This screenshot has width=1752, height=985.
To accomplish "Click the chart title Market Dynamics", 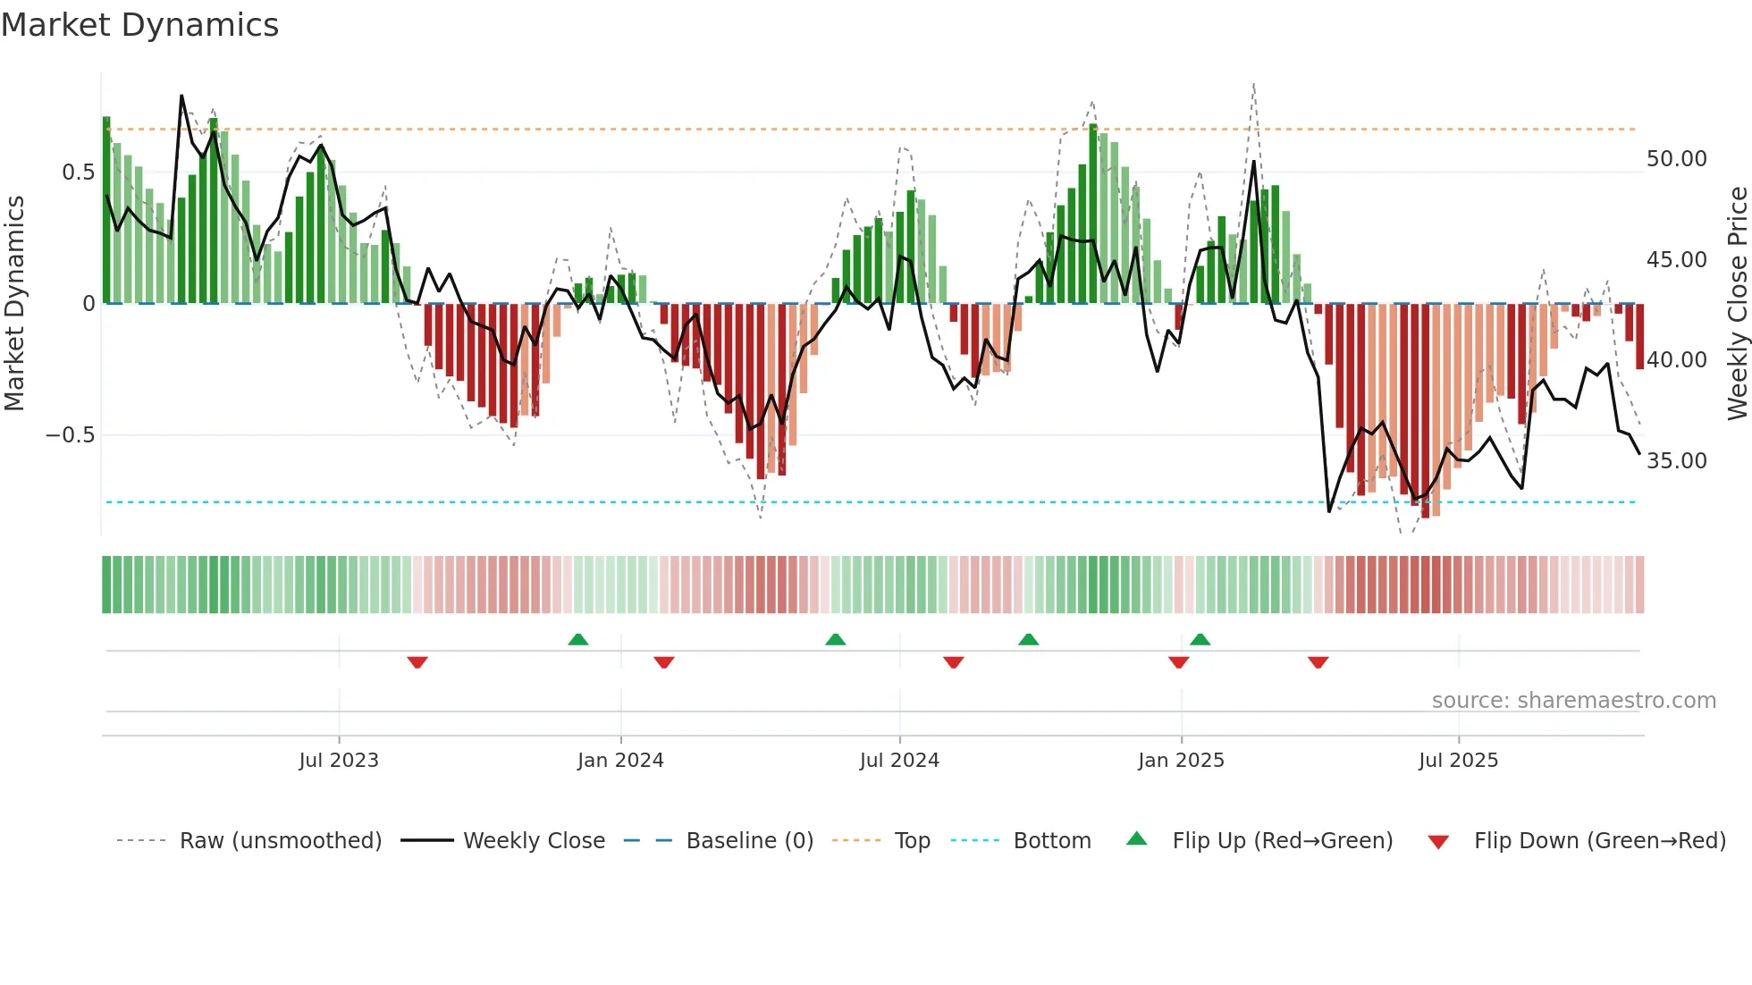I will coord(139,25).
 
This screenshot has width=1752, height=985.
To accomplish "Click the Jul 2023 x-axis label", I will coord(339,761).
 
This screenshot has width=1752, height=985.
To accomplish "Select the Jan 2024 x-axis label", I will coord(620,761).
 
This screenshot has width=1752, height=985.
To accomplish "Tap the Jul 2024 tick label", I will coord(899,761).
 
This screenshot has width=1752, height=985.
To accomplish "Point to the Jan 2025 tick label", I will coord(1181,761).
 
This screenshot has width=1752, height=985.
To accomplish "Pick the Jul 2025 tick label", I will coord(1458,761).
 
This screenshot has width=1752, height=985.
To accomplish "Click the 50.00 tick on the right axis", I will coord(1676,159).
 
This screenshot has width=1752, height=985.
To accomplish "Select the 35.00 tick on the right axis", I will coord(1676,461).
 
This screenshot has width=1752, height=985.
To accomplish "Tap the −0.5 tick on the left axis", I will coord(70,435).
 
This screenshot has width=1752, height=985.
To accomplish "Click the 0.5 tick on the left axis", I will coord(78,173).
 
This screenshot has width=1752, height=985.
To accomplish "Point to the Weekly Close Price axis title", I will coord(1737,304).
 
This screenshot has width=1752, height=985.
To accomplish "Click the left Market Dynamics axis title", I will coord(14,304).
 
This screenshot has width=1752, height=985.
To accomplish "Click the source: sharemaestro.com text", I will coord(1573,701).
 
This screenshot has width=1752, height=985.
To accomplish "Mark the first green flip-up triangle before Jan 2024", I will coord(578,639).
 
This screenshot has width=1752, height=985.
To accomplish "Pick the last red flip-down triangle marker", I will coord(1318,662).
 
